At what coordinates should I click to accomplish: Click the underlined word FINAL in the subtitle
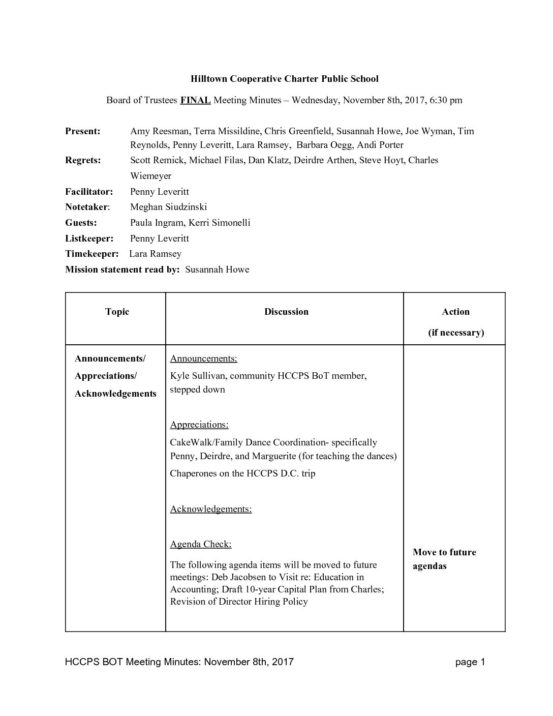(195, 100)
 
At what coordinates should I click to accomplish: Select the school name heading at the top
(284, 79)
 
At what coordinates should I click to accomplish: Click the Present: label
(83, 131)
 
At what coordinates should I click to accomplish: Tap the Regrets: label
(83, 160)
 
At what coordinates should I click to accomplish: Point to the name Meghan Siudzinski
(168, 207)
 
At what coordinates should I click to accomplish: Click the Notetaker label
(87, 207)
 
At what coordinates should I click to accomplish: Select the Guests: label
(81, 223)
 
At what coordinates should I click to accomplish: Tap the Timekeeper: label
(91, 254)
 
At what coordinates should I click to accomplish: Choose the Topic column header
(117, 312)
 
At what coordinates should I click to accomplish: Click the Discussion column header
(286, 312)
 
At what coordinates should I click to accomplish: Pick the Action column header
(455, 312)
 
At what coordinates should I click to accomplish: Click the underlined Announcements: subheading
(203, 359)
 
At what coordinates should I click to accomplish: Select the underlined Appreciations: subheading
(199, 425)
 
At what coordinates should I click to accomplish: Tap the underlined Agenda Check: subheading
(201, 544)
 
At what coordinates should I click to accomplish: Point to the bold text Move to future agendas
(444, 559)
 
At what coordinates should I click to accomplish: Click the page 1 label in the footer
(470, 662)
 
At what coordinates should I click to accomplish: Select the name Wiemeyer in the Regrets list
(150, 176)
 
